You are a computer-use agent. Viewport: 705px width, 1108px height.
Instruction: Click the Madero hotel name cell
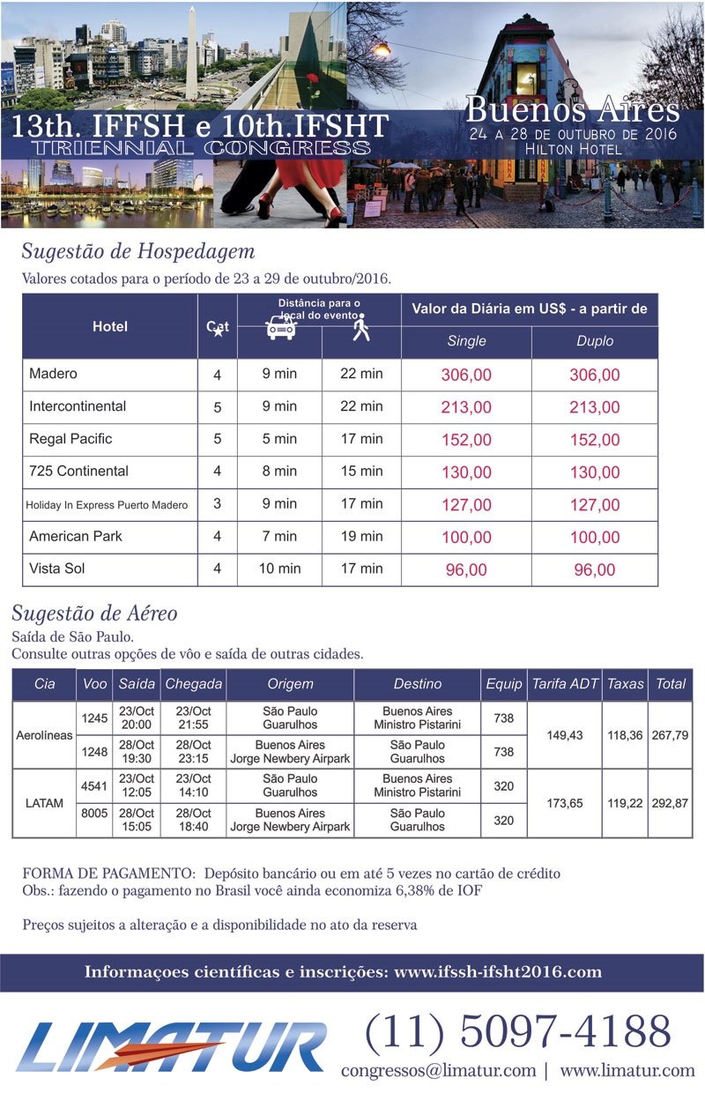click(54, 374)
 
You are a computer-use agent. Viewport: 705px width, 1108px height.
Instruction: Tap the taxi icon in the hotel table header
click(280, 328)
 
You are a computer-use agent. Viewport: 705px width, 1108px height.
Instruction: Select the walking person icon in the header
click(360, 328)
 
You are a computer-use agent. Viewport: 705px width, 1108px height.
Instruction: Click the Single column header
click(466, 341)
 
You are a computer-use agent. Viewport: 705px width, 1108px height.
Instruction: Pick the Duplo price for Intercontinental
click(594, 407)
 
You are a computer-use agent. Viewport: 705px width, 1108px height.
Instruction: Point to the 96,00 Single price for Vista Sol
click(466, 570)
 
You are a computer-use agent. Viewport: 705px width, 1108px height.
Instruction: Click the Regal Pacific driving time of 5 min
click(279, 439)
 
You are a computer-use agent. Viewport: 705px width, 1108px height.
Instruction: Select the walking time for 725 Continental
click(361, 472)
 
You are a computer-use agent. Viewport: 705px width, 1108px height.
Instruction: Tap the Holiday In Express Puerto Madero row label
click(107, 505)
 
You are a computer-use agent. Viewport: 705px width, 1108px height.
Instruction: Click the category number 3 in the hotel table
click(217, 505)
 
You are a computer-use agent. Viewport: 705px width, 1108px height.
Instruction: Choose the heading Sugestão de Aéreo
click(95, 613)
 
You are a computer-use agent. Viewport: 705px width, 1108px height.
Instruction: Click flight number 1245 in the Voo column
click(94, 718)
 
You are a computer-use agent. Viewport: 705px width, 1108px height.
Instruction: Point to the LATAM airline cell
click(44, 803)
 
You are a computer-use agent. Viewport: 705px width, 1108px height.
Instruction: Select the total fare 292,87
click(670, 803)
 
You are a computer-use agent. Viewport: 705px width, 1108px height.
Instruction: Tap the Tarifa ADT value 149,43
click(565, 735)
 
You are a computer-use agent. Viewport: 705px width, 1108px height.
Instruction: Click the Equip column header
click(503, 684)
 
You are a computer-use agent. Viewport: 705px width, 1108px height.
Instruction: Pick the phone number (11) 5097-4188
click(518, 1030)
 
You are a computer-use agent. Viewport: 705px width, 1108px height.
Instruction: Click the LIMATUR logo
click(171, 1047)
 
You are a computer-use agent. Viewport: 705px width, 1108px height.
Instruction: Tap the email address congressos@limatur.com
click(438, 1070)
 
